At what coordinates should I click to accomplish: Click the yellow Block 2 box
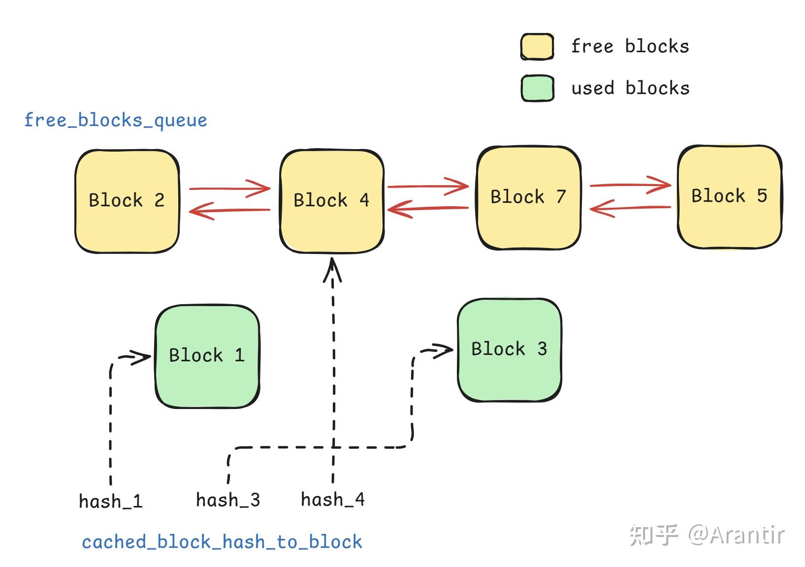click(x=127, y=201)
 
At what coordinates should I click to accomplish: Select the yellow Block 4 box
click(x=332, y=201)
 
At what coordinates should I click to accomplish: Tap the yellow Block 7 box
click(x=529, y=198)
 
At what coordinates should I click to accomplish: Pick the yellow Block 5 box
click(x=730, y=196)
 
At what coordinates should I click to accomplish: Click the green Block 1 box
click(x=207, y=356)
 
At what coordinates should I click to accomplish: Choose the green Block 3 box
click(x=510, y=350)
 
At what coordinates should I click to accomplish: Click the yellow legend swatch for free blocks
click(x=537, y=46)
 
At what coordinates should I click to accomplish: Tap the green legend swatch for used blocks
click(x=538, y=88)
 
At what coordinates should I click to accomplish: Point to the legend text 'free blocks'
click(x=630, y=46)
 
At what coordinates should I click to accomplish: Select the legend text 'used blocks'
click(x=631, y=88)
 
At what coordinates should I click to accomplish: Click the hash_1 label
click(x=111, y=501)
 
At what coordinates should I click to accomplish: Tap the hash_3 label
click(x=228, y=500)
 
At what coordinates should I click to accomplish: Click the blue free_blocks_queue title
click(x=116, y=121)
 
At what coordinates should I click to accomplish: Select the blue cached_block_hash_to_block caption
click(x=222, y=542)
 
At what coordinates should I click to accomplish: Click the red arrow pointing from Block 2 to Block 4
click(x=229, y=189)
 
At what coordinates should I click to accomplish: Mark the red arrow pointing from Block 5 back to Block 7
click(x=630, y=208)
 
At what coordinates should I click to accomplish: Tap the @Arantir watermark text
click(x=736, y=535)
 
